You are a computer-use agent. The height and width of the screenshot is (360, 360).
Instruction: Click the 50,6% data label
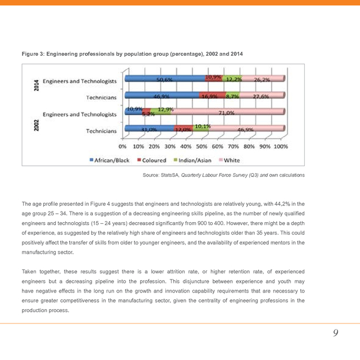(164, 80)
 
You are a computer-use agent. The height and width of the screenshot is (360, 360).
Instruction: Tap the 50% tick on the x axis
(201, 146)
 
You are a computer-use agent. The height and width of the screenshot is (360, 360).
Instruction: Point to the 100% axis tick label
(280, 146)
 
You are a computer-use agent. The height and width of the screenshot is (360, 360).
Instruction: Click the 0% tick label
(123, 146)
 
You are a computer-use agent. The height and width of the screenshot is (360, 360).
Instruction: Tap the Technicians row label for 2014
(101, 97)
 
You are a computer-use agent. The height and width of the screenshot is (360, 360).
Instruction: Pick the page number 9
(335, 333)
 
